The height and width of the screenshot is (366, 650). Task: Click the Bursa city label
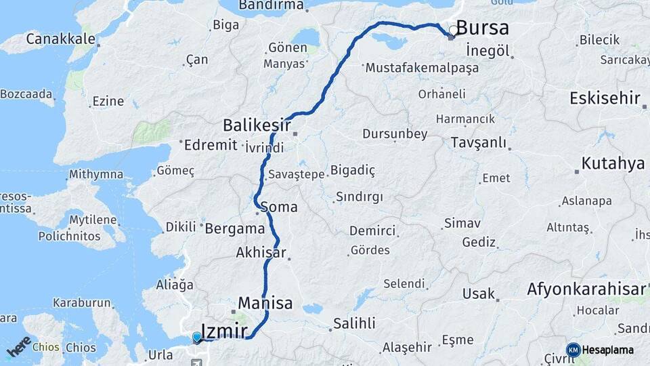pyautogui.click(x=482, y=28)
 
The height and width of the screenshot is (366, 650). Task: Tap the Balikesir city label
pyautogui.click(x=257, y=125)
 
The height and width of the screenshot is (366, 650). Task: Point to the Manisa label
pyautogui.click(x=265, y=303)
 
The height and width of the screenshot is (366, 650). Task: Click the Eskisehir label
pyautogui.click(x=605, y=98)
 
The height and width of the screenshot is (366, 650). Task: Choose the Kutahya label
pyautogui.click(x=613, y=164)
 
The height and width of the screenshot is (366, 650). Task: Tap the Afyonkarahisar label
pyautogui.click(x=586, y=290)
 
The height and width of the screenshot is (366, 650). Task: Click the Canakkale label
pyautogui.click(x=60, y=39)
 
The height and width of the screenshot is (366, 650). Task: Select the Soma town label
pyautogui.click(x=278, y=207)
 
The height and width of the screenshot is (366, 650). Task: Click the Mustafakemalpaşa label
pyautogui.click(x=421, y=68)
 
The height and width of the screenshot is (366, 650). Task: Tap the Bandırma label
pyautogui.click(x=271, y=5)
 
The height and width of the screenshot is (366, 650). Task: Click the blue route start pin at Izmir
pyautogui.click(x=197, y=337)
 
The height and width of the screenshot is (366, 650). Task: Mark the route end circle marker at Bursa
pyautogui.click(x=452, y=30)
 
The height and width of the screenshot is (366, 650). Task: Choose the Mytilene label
pyautogui.click(x=94, y=221)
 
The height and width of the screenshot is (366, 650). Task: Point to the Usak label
pyautogui.click(x=478, y=294)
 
